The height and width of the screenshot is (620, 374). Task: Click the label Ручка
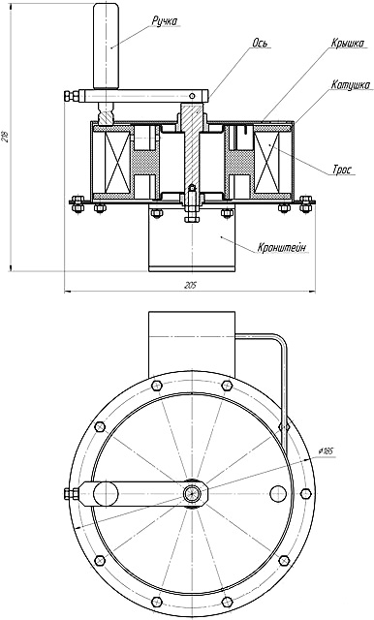(164, 21)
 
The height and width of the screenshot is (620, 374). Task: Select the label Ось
(262, 43)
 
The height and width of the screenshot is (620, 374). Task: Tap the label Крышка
(348, 43)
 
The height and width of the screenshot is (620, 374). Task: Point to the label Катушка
(351, 85)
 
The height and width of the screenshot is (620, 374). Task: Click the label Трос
(341, 170)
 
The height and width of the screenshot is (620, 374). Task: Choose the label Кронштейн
(282, 248)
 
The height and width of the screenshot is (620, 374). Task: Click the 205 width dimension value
(190, 286)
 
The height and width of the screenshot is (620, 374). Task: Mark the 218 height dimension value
(5, 138)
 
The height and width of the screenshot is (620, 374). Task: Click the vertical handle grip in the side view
(106, 46)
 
